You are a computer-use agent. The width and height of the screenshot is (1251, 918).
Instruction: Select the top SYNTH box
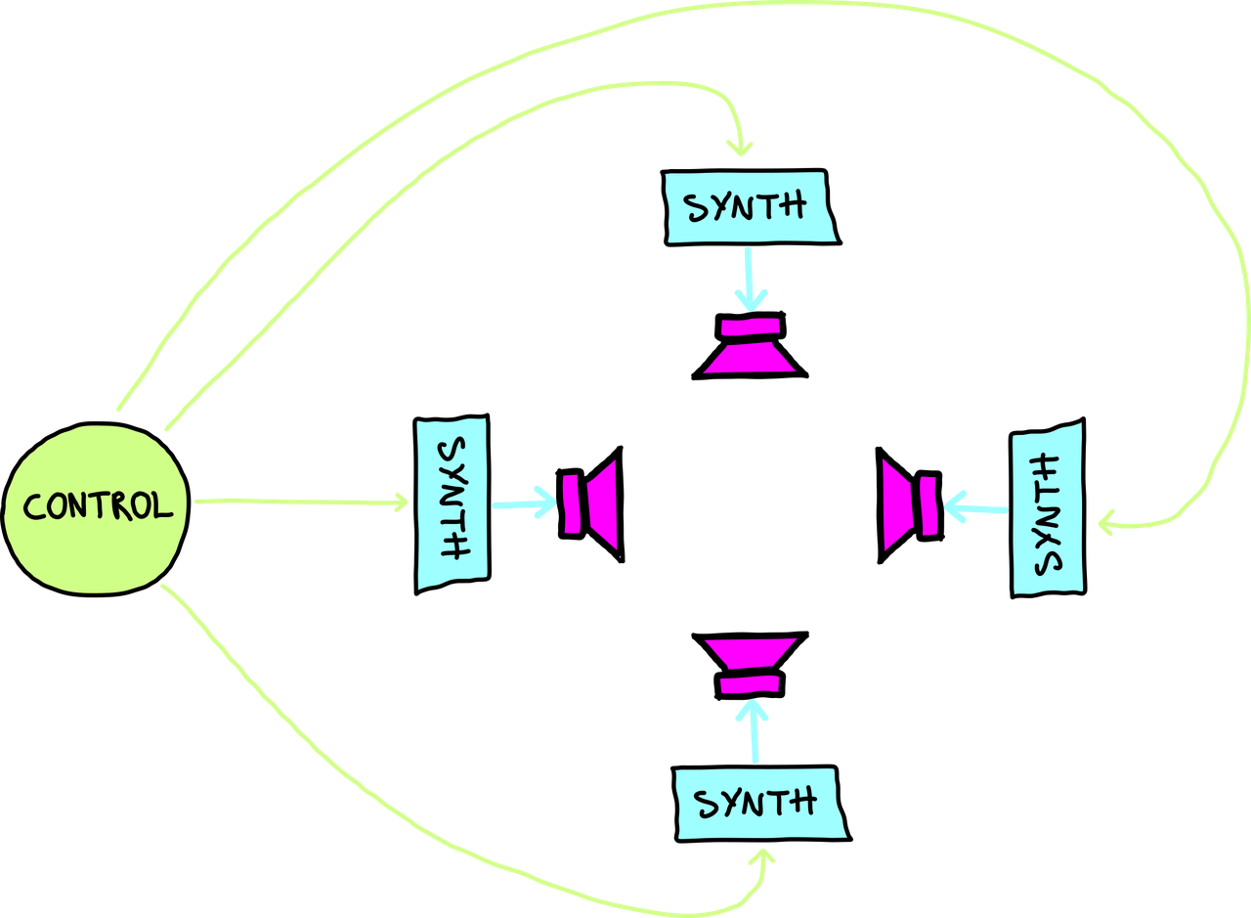[748, 207]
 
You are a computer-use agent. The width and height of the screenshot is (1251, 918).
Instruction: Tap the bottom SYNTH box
[758, 804]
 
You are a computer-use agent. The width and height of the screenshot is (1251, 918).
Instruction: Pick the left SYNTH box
[452, 503]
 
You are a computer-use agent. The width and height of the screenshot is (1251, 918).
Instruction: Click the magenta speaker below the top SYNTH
[751, 347]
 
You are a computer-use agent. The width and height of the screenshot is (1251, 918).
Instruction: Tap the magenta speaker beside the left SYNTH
[591, 503]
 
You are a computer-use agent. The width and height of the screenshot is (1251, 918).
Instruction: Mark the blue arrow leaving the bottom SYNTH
[754, 733]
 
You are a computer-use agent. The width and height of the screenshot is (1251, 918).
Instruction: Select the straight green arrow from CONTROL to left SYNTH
[303, 503]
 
